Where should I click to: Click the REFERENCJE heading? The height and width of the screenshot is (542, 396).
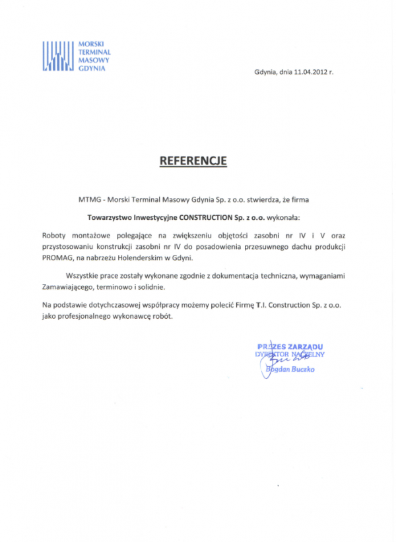click(193, 160)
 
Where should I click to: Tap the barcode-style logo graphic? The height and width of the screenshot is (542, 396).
click(57, 55)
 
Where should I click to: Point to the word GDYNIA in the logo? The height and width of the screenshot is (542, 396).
click(91, 69)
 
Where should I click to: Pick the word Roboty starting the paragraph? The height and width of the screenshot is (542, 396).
click(55, 234)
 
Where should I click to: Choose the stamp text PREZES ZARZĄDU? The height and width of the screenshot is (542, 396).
click(290, 347)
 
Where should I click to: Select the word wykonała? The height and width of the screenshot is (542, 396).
click(280, 215)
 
